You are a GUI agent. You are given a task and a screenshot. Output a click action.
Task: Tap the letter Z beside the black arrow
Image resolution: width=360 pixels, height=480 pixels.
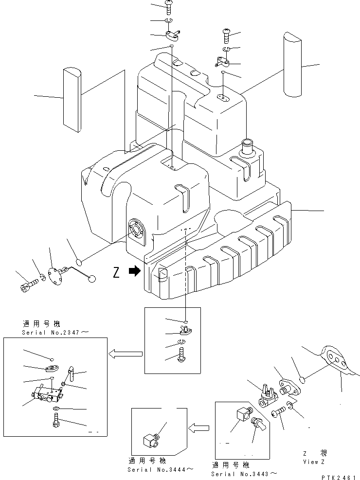116,273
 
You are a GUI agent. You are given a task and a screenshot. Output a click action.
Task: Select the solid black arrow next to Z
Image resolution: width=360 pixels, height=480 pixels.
133,273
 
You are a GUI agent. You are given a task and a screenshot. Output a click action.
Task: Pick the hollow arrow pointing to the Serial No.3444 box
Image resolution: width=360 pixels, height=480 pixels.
198,428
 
